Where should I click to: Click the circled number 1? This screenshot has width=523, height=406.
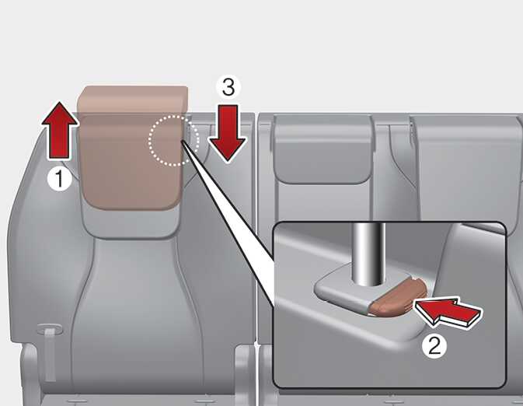(x=59, y=179)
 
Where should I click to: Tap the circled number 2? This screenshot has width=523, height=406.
(x=434, y=345)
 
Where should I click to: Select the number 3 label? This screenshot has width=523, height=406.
(x=228, y=87)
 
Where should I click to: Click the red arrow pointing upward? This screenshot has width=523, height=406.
(x=59, y=130)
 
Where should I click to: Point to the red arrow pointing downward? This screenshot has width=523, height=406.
(x=228, y=133)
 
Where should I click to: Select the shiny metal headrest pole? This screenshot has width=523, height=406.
(x=369, y=254)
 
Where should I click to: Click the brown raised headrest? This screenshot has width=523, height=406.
(x=132, y=147)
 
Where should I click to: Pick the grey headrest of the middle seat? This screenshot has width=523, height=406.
(x=323, y=149)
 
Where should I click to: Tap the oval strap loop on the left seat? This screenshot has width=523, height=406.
(x=49, y=329)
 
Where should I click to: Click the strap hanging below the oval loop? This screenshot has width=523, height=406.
(x=50, y=355)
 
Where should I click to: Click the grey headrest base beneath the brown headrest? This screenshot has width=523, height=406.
(x=131, y=223)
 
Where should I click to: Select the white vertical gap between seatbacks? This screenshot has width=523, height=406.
(x=256, y=227)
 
